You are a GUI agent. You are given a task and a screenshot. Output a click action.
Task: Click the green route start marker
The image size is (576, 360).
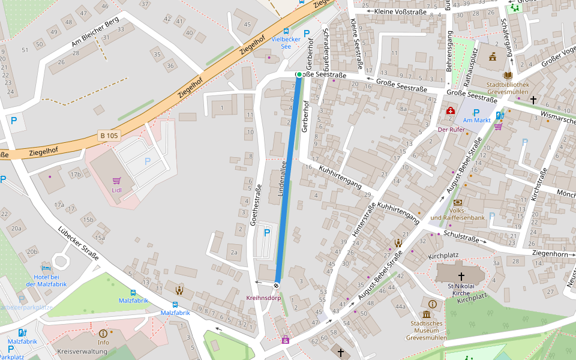click(299, 74)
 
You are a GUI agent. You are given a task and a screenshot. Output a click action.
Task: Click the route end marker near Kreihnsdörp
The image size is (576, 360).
click(277, 286)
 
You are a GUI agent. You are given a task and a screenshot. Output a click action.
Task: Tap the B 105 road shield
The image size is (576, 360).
click(109, 136)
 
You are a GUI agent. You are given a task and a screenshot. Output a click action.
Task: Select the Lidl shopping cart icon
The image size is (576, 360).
click(116, 180)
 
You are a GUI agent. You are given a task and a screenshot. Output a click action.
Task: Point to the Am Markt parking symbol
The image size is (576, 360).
click(476, 112)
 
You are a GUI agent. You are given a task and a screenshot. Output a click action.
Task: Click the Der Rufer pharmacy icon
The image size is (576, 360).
click(451, 111)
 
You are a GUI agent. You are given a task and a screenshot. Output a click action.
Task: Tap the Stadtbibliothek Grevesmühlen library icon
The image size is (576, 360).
click(508, 75)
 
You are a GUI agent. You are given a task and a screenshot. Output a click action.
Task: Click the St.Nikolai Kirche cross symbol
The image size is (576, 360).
click(461, 276)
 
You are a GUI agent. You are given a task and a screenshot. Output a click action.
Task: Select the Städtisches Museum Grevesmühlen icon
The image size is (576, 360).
click(427, 314)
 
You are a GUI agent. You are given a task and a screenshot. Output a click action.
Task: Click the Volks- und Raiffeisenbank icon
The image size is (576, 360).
click(458, 203)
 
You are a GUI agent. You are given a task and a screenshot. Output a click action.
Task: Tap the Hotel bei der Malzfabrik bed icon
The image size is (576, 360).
click(46, 268)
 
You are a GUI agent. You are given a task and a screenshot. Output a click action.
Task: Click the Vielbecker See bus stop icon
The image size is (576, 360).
click(286, 31)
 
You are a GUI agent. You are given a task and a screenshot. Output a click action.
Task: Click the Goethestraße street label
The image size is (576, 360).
click(256, 205)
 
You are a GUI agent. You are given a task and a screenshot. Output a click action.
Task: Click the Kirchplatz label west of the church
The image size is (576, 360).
click(443, 256)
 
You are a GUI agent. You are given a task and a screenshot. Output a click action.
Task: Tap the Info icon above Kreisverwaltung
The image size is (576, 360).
click(103, 333)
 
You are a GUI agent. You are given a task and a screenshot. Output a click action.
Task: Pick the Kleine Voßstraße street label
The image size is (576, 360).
click(400, 11)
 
